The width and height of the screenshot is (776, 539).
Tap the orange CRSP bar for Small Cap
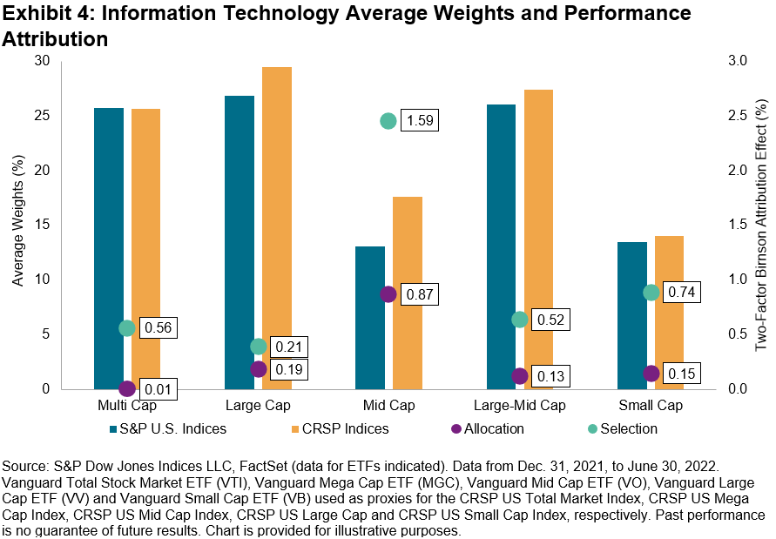pyautogui.click(x=669, y=313)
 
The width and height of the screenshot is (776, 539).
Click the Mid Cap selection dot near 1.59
pyautogui.click(x=388, y=121)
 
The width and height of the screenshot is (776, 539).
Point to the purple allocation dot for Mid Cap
pyautogui.click(x=388, y=294)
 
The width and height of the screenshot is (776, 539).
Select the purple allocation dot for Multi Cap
pyautogui.click(x=127, y=388)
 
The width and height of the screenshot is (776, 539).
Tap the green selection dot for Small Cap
pyautogui.click(x=651, y=293)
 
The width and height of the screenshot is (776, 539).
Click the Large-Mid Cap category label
pyautogui.click(x=519, y=406)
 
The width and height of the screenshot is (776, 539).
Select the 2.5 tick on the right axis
pyautogui.click(x=736, y=116)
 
